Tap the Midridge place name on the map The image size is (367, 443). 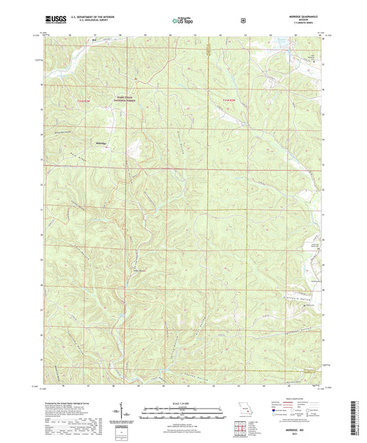[x=101, y=143]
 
